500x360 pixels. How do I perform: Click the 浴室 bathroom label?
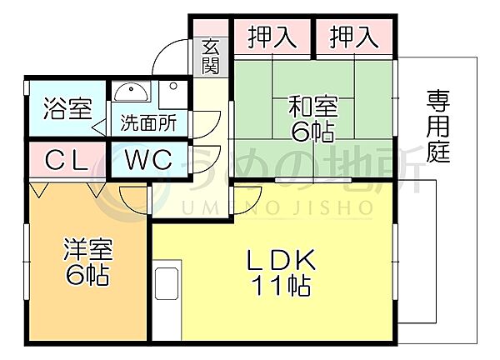coord(67,108)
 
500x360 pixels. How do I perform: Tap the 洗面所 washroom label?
coord(148,122)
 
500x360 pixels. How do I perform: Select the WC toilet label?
coord(148,159)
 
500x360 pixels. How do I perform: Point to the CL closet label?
coord(67,159)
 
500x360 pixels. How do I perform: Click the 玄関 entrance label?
coord(211,57)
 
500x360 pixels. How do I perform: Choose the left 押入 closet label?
coord(272,37)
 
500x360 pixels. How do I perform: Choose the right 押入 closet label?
coord(354,37)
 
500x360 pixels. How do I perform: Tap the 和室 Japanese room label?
coord(313,107)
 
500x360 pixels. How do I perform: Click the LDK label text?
coord(282,260)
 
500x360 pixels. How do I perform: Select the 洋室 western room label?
coord(88,248)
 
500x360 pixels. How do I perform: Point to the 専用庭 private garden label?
coord(438,127)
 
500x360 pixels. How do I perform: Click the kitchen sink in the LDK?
coord(167,283)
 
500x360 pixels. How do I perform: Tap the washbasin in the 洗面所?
coord(131,92)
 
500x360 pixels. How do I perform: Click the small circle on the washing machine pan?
coord(173,86)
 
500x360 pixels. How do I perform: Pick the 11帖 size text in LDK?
coord(282,285)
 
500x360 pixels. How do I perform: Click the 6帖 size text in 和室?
coord(313,132)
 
